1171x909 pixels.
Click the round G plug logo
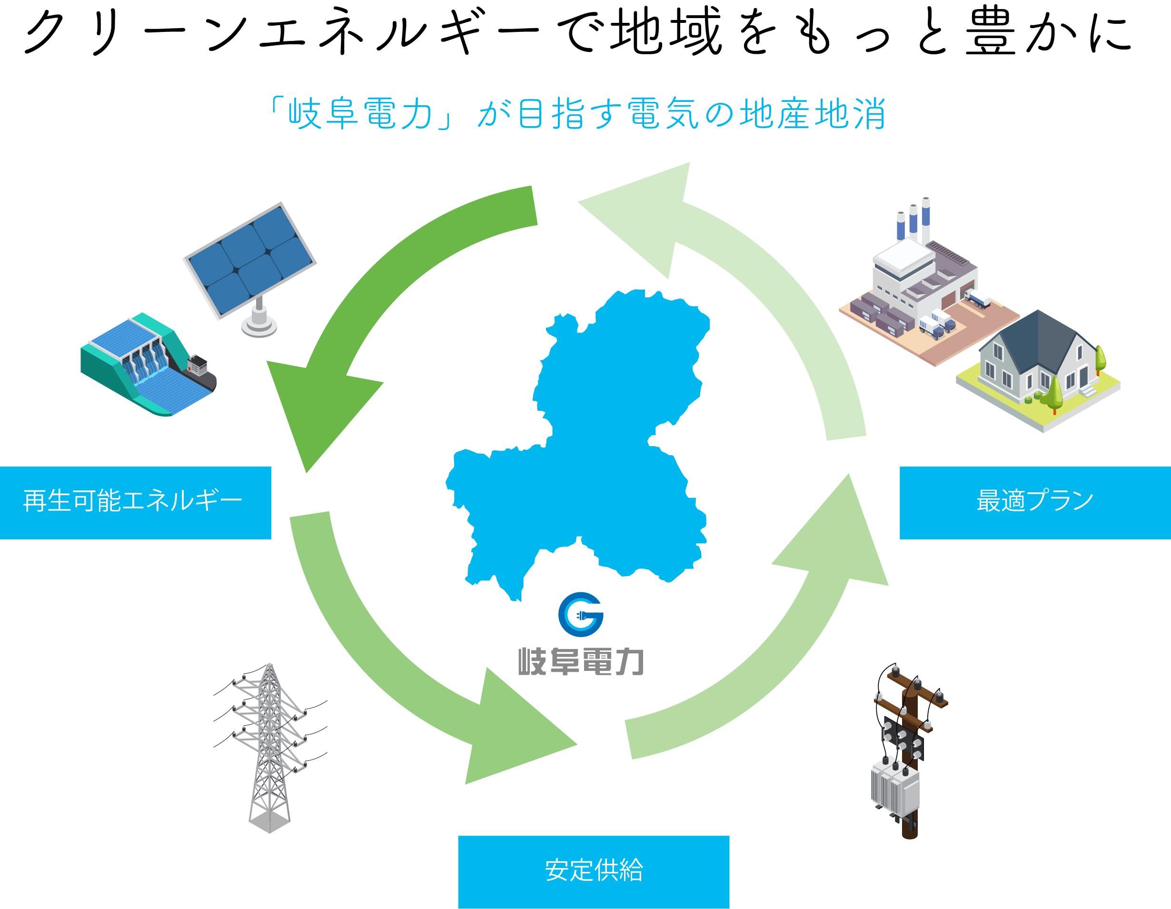click(581, 614)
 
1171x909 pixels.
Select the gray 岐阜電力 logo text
click(581, 662)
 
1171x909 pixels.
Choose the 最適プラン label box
click(1035, 502)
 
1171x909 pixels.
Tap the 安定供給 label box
click(594, 871)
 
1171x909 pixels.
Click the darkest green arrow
click(375, 300)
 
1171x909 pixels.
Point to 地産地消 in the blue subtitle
click(812, 114)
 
